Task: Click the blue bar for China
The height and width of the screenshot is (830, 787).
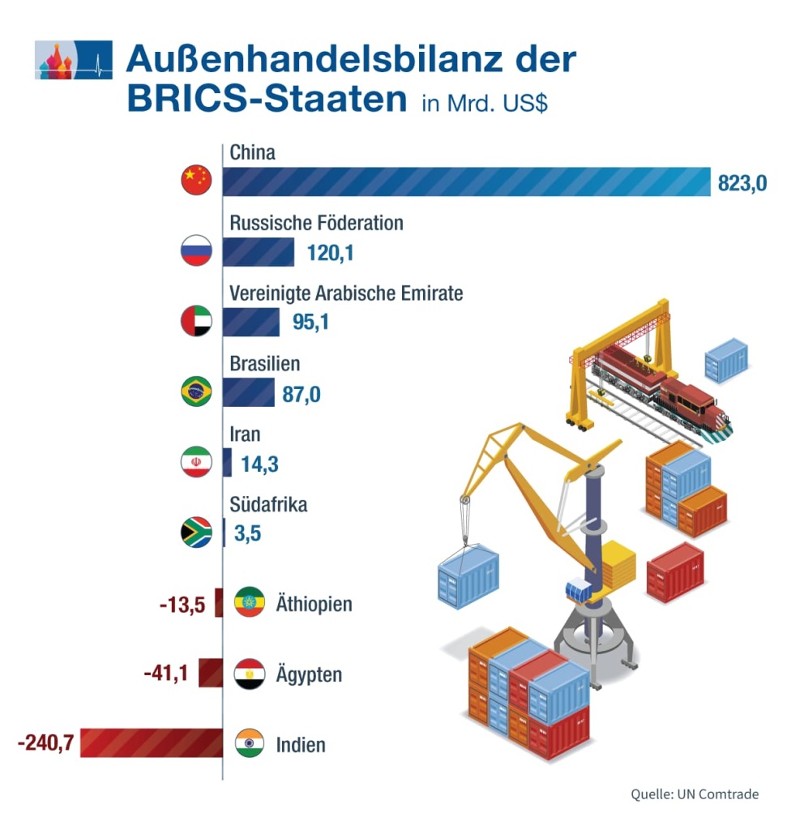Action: [466, 182]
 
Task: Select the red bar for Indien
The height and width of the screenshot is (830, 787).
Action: [152, 743]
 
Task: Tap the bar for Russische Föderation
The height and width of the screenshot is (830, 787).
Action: [259, 252]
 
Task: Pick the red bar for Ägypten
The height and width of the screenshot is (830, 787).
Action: [211, 674]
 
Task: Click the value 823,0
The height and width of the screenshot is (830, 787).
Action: [742, 184]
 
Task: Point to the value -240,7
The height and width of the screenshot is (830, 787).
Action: [46, 743]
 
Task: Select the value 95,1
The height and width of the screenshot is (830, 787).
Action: [310, 323]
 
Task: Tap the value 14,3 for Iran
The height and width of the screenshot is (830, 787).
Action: [260, 464]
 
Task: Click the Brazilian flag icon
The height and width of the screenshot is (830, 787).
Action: [196, 392]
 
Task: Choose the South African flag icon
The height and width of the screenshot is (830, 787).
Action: [196, 533]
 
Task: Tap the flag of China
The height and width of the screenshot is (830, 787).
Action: [196, 179]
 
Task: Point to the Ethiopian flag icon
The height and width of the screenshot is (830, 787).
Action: [250, 603]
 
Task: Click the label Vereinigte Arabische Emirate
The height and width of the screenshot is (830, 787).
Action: [346, 293]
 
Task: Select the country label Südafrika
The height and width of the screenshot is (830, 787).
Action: [268, 505]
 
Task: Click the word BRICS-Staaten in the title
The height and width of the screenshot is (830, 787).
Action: [267, 100]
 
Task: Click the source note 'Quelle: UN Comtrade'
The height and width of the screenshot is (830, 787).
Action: [695, 794]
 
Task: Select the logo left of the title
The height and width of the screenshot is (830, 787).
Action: [74, 60]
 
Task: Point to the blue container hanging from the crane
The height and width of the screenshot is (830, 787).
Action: [468, 575]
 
